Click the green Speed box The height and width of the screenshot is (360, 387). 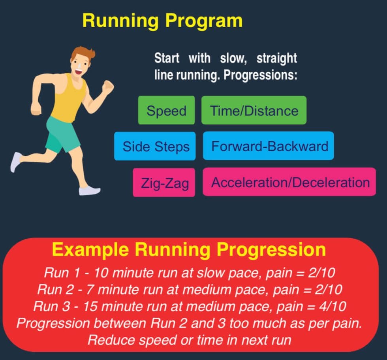click(x=166, y=110)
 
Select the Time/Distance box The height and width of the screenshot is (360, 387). click(x=254, y=110)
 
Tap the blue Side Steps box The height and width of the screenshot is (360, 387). click(x=155, y=146)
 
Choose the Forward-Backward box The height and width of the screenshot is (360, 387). click(x=269, y=146)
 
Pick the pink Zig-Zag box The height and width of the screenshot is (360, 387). click(x=164, y=183)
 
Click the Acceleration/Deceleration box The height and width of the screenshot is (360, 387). click(x=289, y=182)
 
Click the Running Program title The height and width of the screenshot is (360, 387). click(x=162, y=21)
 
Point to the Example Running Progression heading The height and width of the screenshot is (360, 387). click(x=189, y=250)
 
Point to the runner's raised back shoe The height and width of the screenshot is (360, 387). click(x=16, y=161)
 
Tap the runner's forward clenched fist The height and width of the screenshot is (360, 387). click(x=107, y=87)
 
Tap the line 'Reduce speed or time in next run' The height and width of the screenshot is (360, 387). click(x=189, y=339)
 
